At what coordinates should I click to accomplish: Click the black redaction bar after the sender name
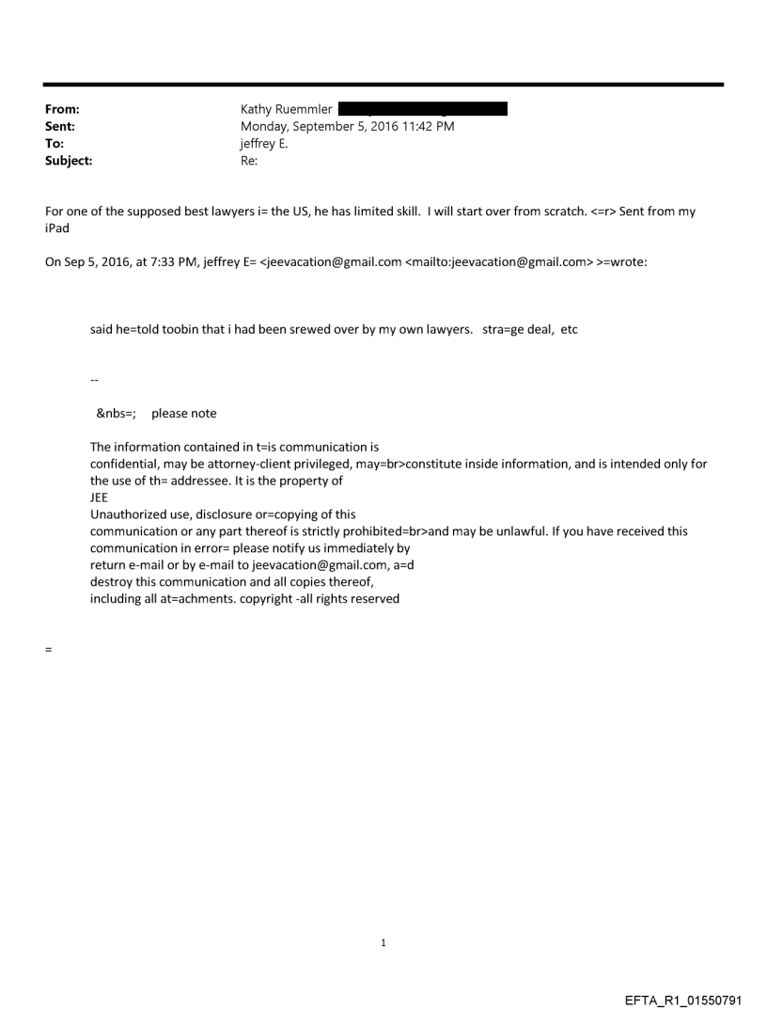coord(422,109)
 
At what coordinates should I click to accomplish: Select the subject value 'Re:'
coord(250,161)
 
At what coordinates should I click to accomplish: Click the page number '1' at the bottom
coord(383,942)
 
